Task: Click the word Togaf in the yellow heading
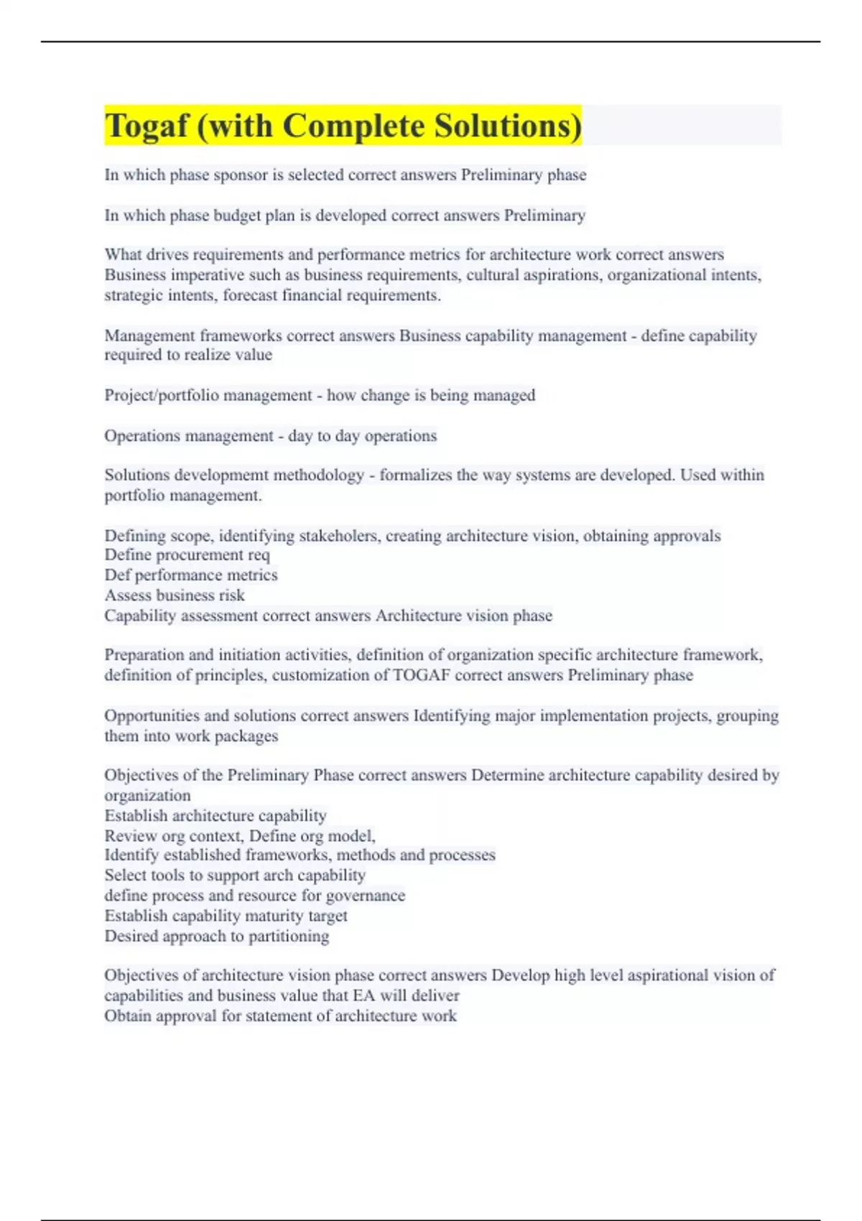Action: click(x=146, y=126)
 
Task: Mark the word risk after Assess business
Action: click(x=236, y=595)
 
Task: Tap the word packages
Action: click(x=251, y=736)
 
